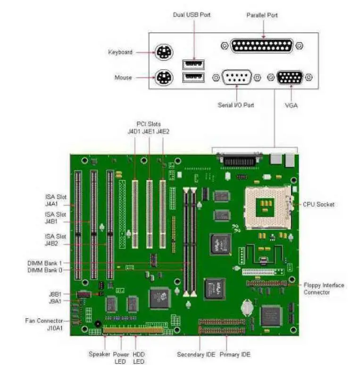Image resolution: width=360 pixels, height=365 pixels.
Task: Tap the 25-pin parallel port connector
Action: [262, 46]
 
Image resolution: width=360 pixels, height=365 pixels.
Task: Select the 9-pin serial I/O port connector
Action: [237, 77]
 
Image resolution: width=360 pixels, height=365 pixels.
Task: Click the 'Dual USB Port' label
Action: [192, 15]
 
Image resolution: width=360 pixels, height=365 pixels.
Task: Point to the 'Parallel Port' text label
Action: [262, 15]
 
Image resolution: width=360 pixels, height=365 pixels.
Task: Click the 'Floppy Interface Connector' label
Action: [324, 289]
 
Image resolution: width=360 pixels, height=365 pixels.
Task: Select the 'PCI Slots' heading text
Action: [149, 124]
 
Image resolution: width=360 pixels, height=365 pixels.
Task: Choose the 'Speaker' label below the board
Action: [99, 354]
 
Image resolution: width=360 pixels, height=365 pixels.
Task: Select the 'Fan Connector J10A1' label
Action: [44, 324]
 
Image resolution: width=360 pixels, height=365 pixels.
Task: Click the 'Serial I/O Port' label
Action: [236, 105]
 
